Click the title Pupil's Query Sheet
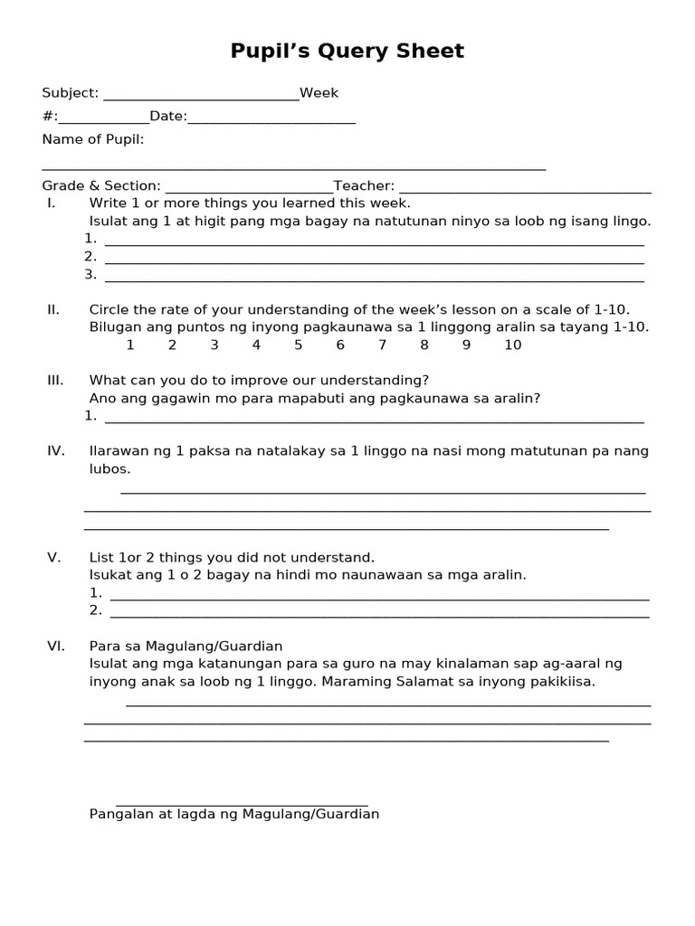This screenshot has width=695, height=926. pyautogui.click(x=347, y=52)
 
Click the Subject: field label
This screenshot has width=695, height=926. pyautogui.click(x=71, y=93)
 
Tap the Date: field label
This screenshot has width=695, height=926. pyautogui.click(x=168, y=117)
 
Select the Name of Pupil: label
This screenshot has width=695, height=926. pyautogui.click(x=93, y=139)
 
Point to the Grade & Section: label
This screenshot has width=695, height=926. pyautogui.click(x=101, y=186)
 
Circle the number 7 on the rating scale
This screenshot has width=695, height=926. pyautogui.click(x=382, y=345)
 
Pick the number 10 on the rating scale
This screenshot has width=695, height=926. pyautogui.click(x=513, y=345)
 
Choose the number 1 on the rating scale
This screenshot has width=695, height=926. pyautogui.click(x=130, y=345)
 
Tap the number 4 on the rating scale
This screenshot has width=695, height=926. pyautogui.click(x=256, y=345)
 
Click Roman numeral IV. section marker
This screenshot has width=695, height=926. pyautogui.click(x=55, y=450)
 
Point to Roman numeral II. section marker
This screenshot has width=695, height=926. pyautogui.click(x=53, y=309)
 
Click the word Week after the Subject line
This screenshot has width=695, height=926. pyautogui.click(x=319, y=93)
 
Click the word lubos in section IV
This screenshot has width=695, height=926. pyautogui.click(x=109, y=469)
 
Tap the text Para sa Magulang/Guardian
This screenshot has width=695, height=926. pyautogui.click(x=186, y=646)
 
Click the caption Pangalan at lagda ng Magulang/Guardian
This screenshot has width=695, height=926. pyautogui.click(x=233, y=814)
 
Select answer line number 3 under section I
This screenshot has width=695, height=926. pyautogui.click(x=374, y=276)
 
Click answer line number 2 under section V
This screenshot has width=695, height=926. pyautogui.click(x=379, y=612)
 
